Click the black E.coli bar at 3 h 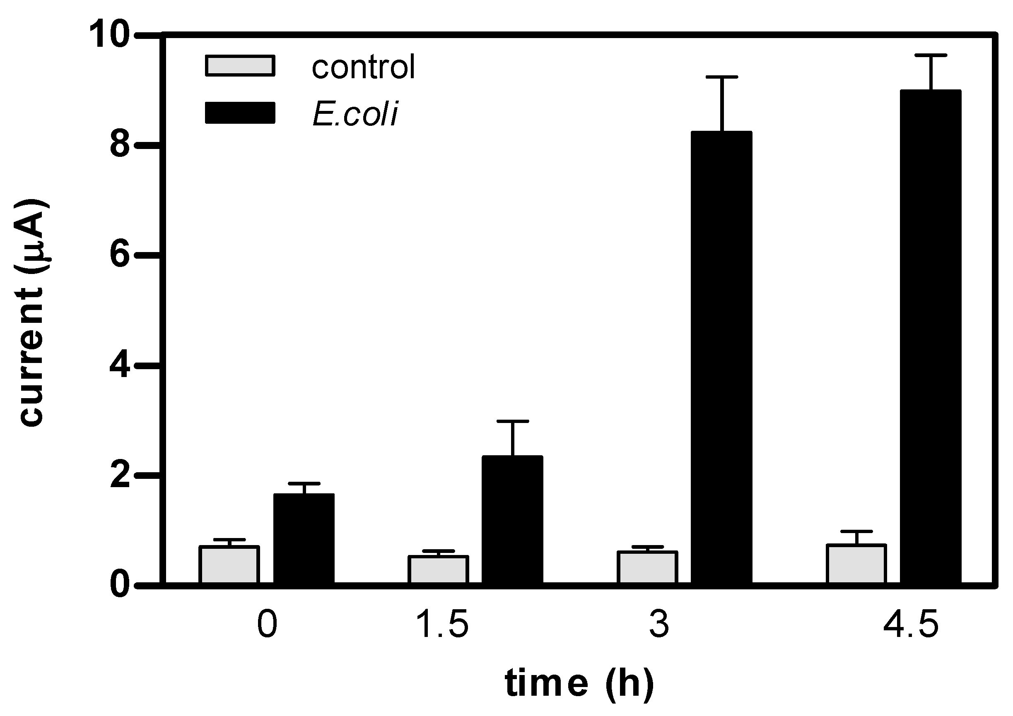pyautogui.click(x=721, y=357)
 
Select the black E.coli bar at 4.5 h pyautogui.click(x=931, y=337)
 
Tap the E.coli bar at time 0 pyautogui.click(x=304, y=539)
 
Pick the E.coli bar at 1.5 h pyautogui.click(x=512, y=520)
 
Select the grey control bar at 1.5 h pyautogui.click(x=438, y=569)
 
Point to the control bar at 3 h pyautogui.click(x=647, y=567)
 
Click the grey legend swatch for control pyautogui.click(x=240, y=66)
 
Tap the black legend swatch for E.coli pyautogui.click(x=240, y=113)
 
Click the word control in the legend pyautogui.click(x=363, y=67)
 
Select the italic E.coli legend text pyautogui.click(x=355, y=114)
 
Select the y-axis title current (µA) pyautogui.click(x=32, y=313)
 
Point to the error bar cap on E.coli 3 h pyautogui.click(x=722, y=77)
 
